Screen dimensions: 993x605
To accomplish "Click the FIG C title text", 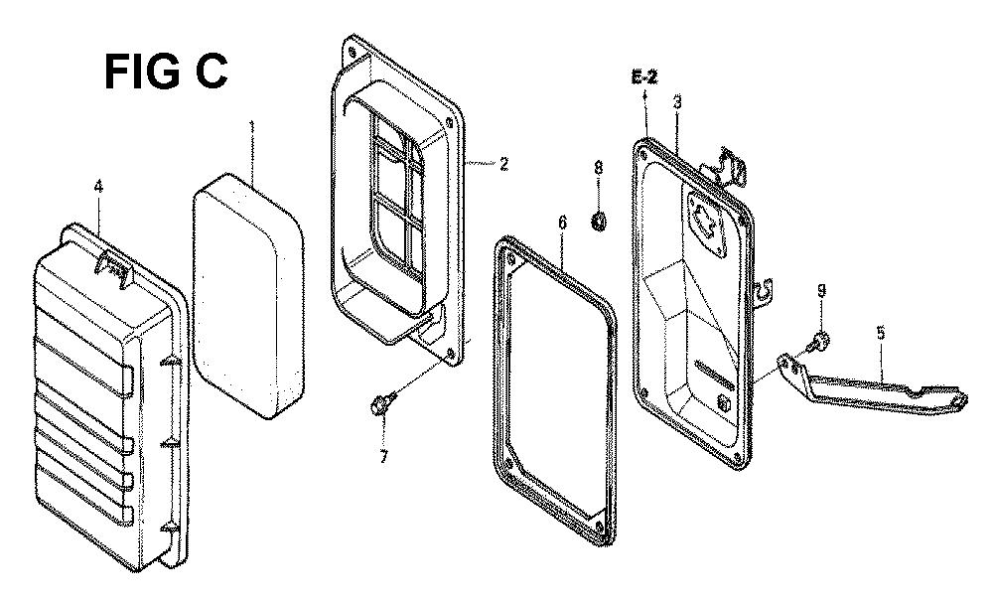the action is (x=166, y=72).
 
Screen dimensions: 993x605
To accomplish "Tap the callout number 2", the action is (x=503, y=164).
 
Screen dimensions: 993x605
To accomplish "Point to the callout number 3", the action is (x=677, y=102).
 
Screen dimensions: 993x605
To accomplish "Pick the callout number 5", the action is (x=881, y=332).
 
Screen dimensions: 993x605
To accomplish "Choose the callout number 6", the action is (x=562, y=223).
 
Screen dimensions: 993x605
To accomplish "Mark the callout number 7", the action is (x=383, y=456).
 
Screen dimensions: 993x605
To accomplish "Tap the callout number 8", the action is (x=598, y=168).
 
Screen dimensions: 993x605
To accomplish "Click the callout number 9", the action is (x=821, y=291).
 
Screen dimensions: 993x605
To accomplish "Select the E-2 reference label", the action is (x=644, y=77).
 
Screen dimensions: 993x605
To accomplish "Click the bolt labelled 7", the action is (x=383, y=403).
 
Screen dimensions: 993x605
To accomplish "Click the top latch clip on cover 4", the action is (x=113, y=266).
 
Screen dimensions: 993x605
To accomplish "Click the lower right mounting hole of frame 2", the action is (x=451, y=354).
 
